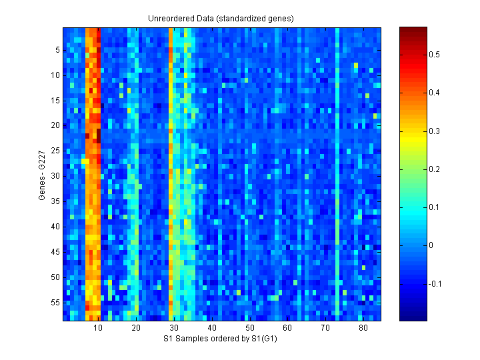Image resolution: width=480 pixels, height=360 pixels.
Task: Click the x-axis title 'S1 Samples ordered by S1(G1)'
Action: click(x=222, y=339)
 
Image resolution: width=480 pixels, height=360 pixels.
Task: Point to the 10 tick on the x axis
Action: click(x=98, y=328)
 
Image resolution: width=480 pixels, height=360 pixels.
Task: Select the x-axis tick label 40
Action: click(x=211, y=328)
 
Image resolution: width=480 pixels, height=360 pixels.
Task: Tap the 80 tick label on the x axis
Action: click(x=363, y=328)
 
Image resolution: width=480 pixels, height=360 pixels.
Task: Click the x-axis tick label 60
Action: click(x=287, y=328)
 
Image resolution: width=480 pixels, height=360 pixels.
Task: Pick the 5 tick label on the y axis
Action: click(x=58, y=50)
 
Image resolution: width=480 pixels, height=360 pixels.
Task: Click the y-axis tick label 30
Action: click(x=56, y=176)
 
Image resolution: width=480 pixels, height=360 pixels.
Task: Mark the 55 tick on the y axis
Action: click(x=56, y=302)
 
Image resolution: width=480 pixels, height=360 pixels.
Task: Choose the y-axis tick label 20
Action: click(x=56, y=125)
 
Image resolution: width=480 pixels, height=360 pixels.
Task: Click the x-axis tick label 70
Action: click(x=325, y=328)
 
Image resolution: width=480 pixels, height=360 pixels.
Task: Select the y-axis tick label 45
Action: click(x=56, y=251)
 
